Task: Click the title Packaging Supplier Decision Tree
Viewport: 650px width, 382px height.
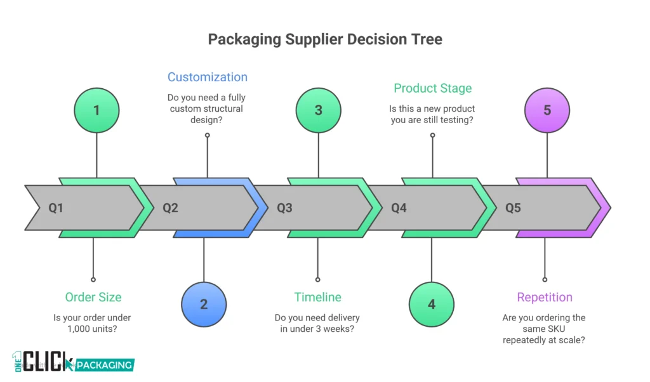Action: (325, 39)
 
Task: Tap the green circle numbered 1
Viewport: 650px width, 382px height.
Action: (96, 110)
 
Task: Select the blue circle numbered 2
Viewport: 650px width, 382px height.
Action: (204, 304)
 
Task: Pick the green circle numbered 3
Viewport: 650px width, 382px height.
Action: (318, 110)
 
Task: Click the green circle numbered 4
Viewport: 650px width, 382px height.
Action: (432, 304)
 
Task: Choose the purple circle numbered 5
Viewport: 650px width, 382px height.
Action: (547, 110)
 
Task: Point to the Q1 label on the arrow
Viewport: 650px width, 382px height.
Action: (56, 207)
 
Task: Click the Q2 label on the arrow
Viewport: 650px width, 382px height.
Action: (170, 207)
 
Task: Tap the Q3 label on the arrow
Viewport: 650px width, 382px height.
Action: (284, 207)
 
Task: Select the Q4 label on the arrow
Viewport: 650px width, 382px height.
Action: (399, 207)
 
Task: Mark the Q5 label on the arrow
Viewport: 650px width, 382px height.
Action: (513, 207)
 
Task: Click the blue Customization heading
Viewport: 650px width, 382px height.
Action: (208, 77)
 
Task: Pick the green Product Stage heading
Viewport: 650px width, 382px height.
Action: (432, 88)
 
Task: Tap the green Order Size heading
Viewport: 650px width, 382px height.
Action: (93, 297)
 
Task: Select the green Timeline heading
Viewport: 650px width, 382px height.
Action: (317, 297)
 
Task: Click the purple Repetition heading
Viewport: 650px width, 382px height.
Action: (545, 297)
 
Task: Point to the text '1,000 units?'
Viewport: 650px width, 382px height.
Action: (93, 329)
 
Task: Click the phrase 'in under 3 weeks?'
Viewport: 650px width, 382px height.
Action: (317, 329)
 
